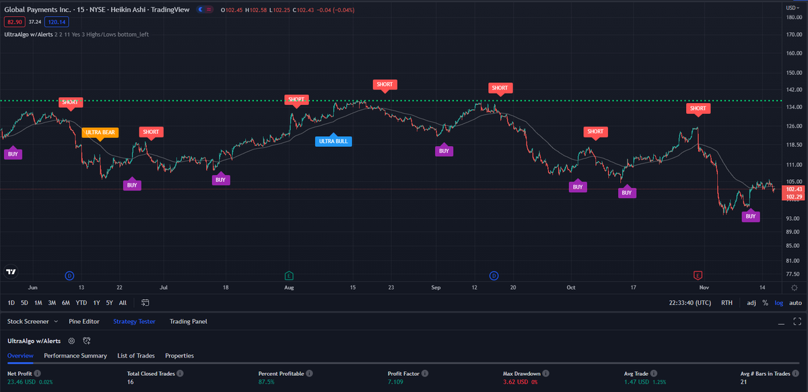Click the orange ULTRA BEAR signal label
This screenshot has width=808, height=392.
100,132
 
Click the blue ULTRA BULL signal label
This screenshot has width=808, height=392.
335,141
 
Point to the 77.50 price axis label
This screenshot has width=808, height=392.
793,274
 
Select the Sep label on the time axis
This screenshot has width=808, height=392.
436,287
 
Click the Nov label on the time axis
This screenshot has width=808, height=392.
704,287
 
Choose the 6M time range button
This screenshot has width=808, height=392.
66,303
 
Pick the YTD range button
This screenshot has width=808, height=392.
81,303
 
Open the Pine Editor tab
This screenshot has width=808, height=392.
84,321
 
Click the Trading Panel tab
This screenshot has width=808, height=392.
188,321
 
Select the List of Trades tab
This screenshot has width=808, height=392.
136,356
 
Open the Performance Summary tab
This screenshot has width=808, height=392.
75,356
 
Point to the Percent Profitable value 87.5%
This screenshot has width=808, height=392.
266,382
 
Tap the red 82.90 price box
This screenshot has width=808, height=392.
14,22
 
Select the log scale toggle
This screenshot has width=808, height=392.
779,303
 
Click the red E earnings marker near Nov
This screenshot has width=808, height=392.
698,275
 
